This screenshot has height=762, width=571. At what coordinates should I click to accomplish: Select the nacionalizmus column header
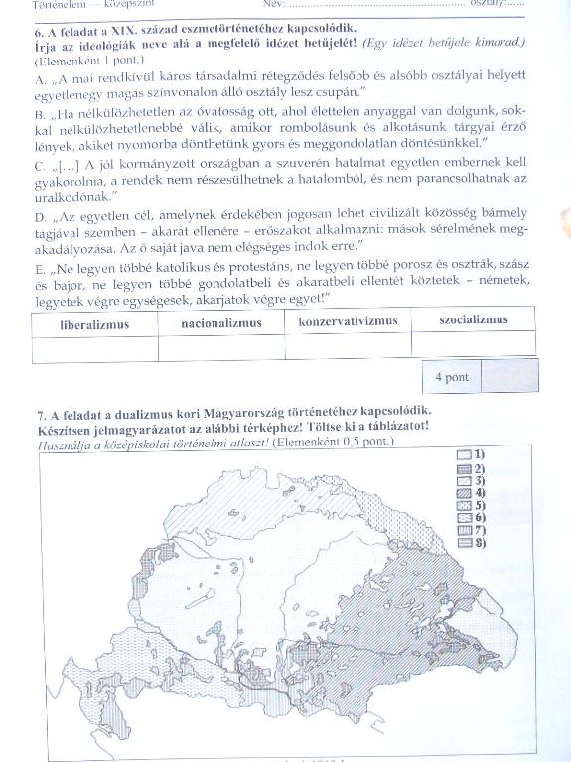pyautogui.click(x=221, y=322)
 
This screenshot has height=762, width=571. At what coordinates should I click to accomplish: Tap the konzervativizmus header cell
pyautogui.click(x=348, y=321)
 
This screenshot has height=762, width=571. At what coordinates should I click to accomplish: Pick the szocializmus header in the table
pyautogui.click(x=473, y=319)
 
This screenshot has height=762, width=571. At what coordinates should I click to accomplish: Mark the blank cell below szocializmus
pyautogui.click(x=473, y=343)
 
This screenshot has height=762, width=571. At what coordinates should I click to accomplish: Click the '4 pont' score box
pyautogui.click(x=451, y=378)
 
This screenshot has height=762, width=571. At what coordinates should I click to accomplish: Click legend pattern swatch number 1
pyautogui.click(x=462, y=453)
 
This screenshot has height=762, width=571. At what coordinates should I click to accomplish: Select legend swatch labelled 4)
pyautogui.click(x=462, y=492)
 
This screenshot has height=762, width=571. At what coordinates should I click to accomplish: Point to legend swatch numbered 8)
pyautogui.click(x=462, y=544)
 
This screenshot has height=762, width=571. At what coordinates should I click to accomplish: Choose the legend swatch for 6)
pyautogui.click(x=462, y=518)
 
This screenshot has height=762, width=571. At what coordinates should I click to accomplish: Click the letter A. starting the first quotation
pyautogui.click(x=40, y=77)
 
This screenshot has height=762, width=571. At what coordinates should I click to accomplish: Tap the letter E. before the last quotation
pyautogui.click(x=40, y=268)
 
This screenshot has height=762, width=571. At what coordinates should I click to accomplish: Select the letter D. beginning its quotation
pyautogui.click(x=40, y=216)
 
